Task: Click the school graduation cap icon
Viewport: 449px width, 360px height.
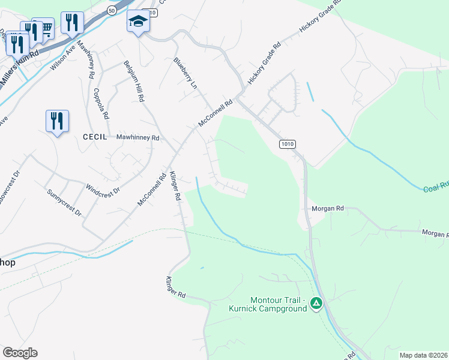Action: point(138,22)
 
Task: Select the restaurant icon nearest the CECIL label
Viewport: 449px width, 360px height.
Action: point(57,121)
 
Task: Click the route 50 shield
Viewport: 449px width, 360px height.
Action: point(112,10)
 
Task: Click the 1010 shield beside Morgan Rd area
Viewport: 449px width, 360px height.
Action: point(288,144)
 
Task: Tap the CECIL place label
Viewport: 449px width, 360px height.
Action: point(95,137)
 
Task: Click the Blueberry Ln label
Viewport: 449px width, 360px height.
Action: point(185,73)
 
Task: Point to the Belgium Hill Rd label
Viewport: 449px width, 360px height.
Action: point(134,80)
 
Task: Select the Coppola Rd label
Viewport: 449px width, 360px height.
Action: point(101,103)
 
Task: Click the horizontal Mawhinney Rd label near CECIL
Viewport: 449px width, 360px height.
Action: point(137,137)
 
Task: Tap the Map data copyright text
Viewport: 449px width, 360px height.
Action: point(424,355)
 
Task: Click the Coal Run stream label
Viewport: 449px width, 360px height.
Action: point(436,188)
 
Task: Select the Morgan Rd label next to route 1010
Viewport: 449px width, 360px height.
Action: point(327,208)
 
